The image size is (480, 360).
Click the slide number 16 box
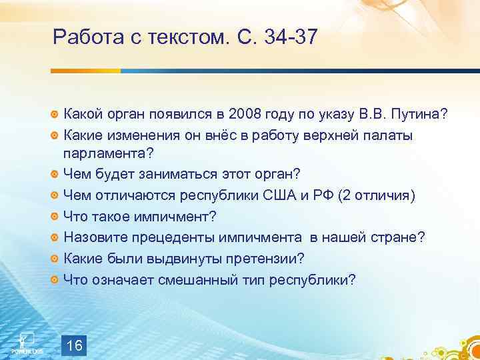coord(75,345)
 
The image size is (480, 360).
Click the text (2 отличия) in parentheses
coord(377,196)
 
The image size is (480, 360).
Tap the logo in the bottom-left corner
coord(23,342)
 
